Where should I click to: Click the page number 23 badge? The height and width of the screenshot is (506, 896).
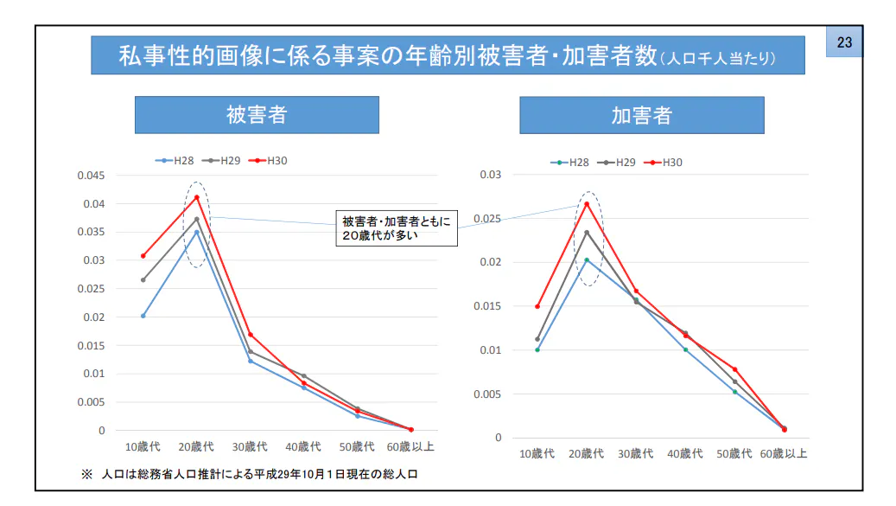(x=844, y=42)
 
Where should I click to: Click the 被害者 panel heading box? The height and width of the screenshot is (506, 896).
(x=257, y=115)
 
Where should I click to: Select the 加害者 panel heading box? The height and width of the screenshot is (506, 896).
(x=641, y=115)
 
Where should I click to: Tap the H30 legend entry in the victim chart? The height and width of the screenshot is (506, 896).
(x=269, y=160)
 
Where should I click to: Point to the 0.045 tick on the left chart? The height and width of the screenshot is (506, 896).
(x=92, y=176)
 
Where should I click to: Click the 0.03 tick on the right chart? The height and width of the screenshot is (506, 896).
(x=491, y=175)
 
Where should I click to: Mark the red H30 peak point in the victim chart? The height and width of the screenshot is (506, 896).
(x=197, y=197)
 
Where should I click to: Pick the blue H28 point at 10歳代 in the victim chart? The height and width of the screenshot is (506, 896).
(x=143, y=316)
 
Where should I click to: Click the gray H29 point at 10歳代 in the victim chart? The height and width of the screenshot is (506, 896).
(x=143, y=279)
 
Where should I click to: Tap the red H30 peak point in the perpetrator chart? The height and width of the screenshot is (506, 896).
(x=586, y=204)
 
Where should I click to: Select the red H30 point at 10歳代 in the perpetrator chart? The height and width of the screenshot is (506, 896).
(x=537, y=306)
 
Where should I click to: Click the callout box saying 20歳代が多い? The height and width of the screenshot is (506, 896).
(x=396, y=228)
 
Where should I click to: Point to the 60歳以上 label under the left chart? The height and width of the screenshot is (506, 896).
(x=410, y=446)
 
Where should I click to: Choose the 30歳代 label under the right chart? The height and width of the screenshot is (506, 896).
(x=636, y=453)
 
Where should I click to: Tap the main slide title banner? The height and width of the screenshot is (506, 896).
(x=448, y=57)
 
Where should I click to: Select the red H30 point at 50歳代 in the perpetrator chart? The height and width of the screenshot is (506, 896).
(x=735, y=369)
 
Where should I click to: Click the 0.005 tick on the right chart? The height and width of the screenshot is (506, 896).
(x=488, y=394)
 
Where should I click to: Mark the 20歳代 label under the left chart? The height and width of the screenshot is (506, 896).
(x=197, y=446)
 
